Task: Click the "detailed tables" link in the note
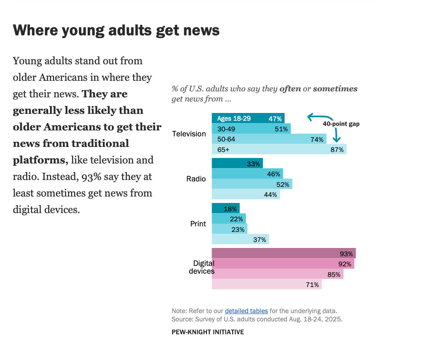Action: point(246,311)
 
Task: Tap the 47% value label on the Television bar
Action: point(275,118)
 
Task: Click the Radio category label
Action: point(196,179)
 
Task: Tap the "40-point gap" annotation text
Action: point(341,124)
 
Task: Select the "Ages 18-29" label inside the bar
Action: point(234,118)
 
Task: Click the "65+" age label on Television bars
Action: point(224,150)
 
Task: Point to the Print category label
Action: point(198,224)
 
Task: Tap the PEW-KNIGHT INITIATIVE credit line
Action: point(207,332)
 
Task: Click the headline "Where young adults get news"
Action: point(116,31)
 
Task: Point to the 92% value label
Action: point(345,264)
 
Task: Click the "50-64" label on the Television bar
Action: point(226,139)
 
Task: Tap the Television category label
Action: point(189,134)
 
